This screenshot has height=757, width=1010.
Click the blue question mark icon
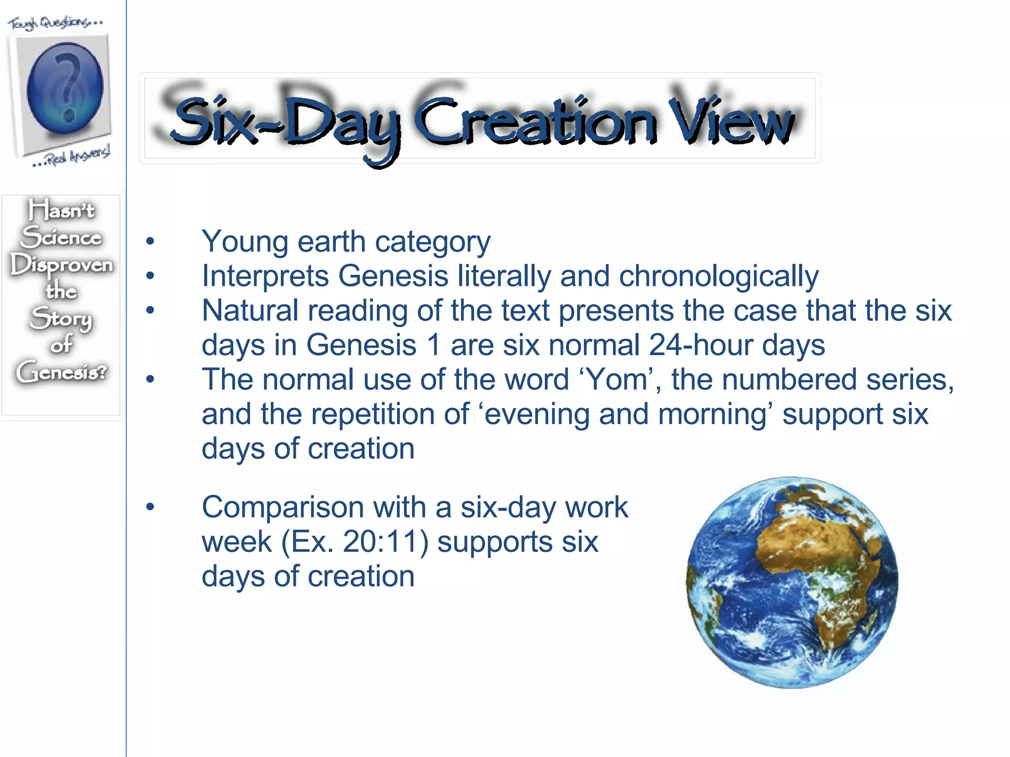[65, 89]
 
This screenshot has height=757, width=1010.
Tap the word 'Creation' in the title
[535, 121]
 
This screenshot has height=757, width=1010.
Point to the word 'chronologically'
[719, 276]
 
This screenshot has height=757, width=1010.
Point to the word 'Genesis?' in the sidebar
[61, 372]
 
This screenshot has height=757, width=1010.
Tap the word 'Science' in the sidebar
[61, 237]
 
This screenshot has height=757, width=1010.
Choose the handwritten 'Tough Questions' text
[54, 23]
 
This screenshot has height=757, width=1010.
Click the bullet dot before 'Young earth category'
[150, 242]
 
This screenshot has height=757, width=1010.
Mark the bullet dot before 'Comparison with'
[150, 508]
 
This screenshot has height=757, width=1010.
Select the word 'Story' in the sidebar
[61, 318]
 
